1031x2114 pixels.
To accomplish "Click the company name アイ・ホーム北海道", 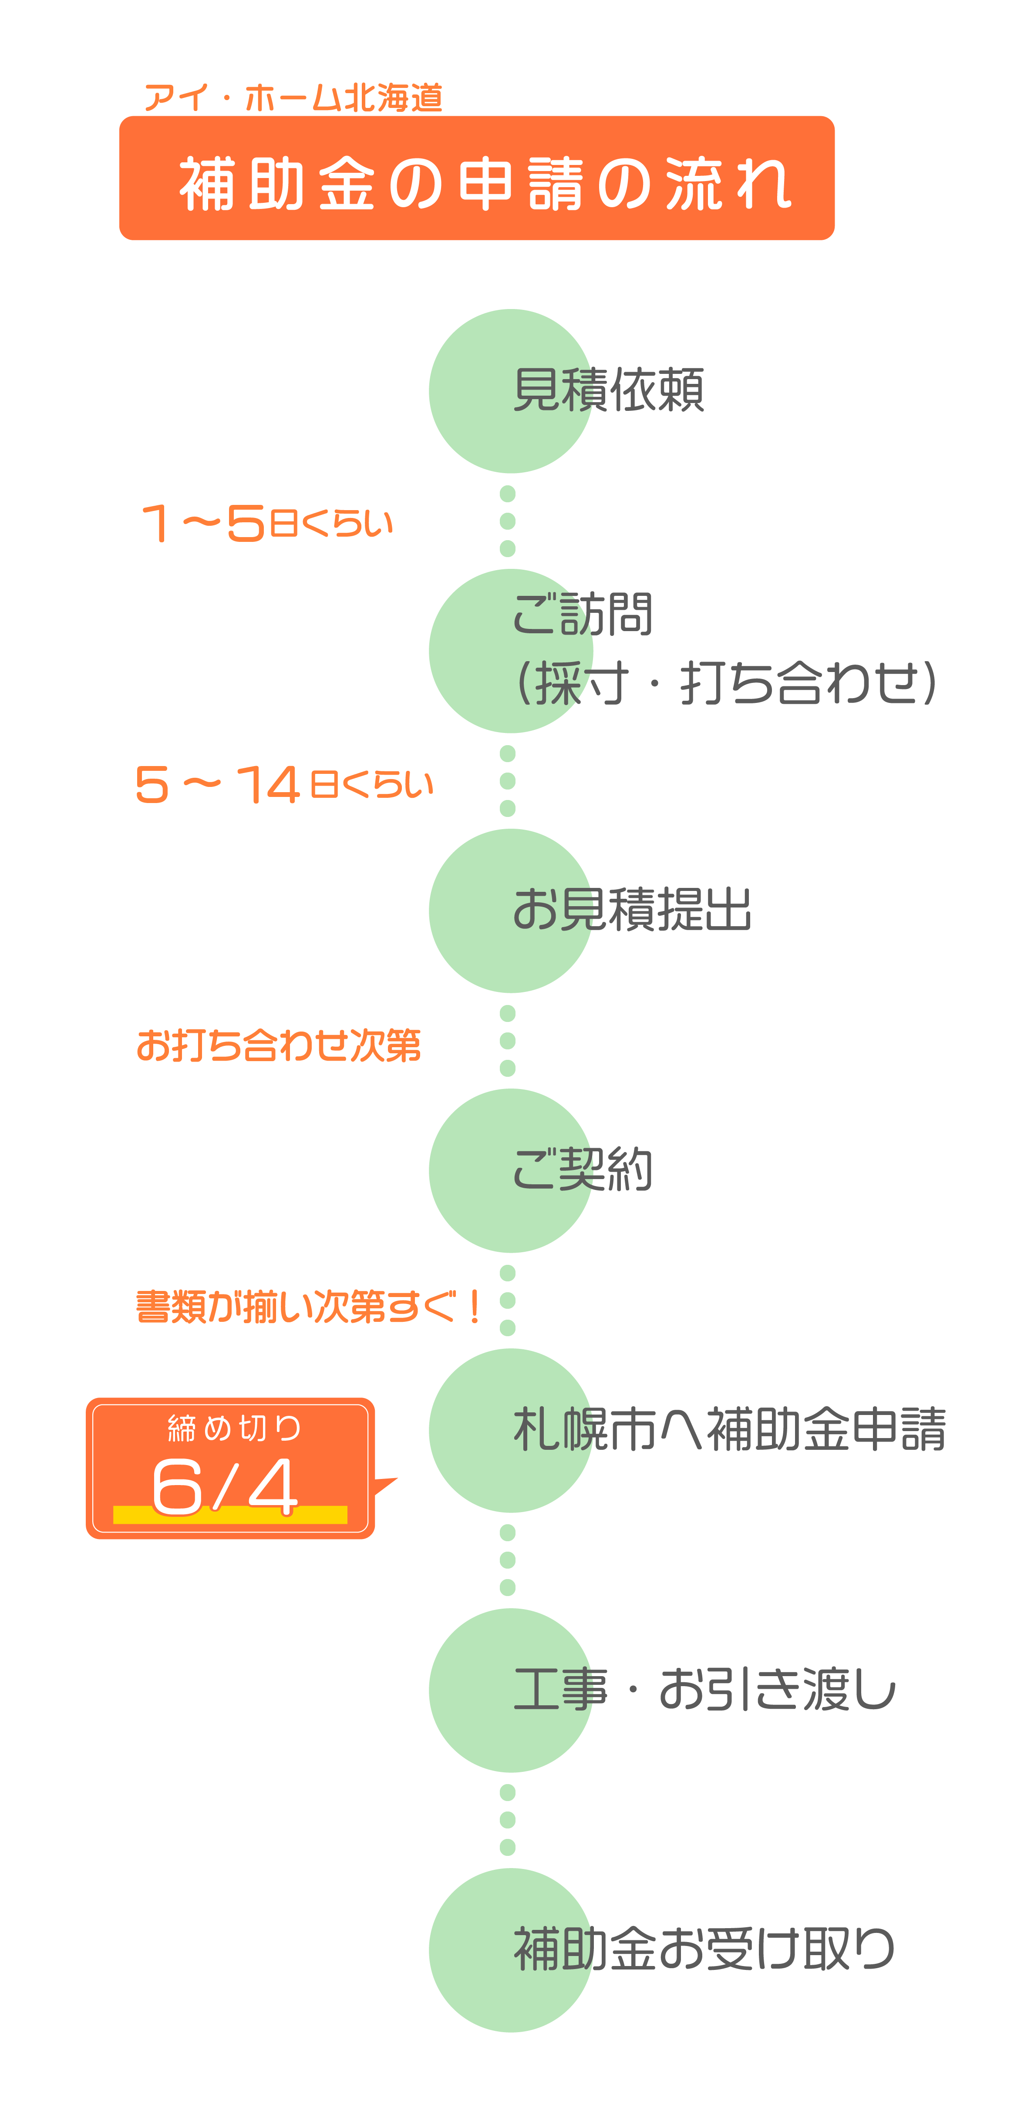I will point(293,98).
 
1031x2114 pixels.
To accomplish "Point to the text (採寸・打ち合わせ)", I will point(727,683).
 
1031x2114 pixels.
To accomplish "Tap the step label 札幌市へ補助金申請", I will point(729,1429).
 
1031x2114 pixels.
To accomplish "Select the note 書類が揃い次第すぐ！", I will point(308,1306).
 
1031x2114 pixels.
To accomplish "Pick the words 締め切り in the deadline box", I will point(234,1428).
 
